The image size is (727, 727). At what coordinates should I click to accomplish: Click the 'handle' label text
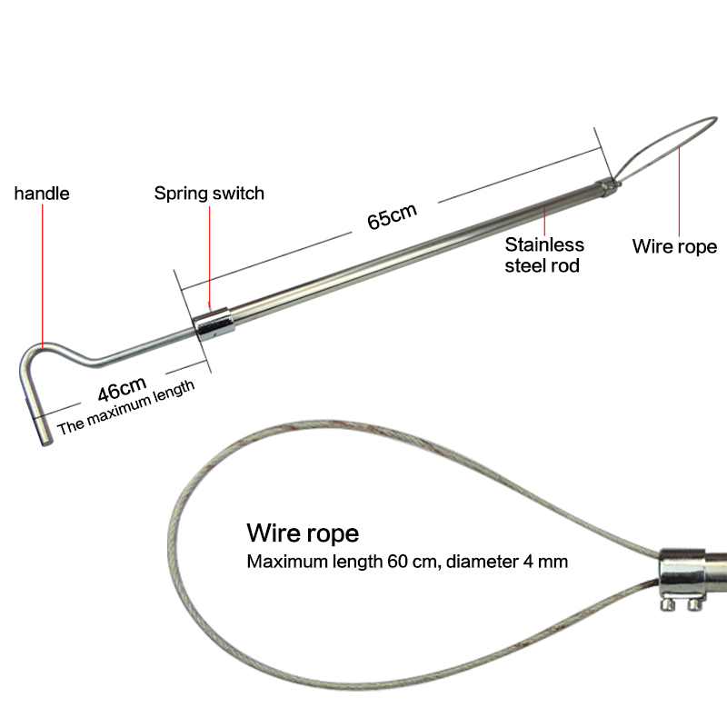[42, 194]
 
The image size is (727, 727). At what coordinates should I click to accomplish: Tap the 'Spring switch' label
[209, 193]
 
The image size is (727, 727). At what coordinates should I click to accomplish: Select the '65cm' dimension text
[393, 219]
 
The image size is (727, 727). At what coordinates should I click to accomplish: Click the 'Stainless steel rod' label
[544, 254]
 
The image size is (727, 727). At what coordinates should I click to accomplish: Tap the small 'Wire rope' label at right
[674, 246]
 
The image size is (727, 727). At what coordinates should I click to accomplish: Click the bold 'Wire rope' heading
[303, 532]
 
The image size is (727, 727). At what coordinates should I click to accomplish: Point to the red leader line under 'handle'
[42, 273]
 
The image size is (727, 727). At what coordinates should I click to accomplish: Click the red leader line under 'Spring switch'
[210, 254]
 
